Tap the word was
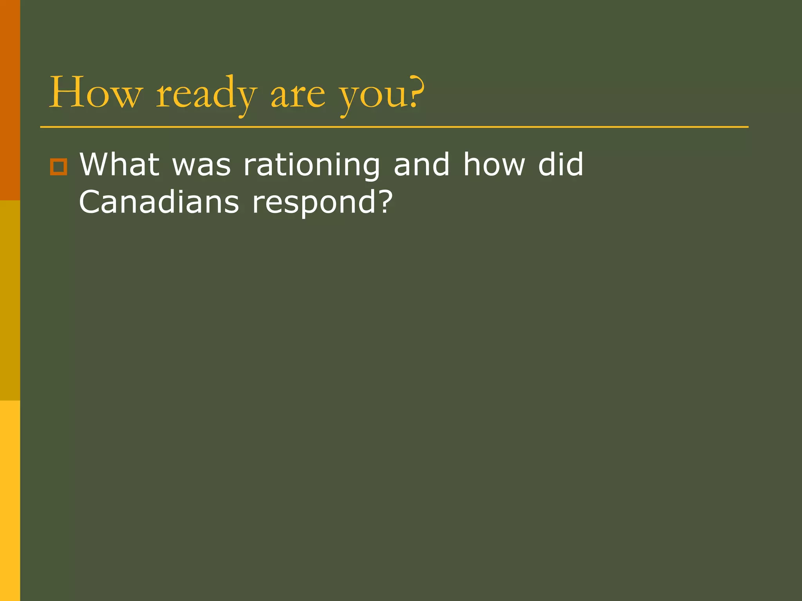click(x=202, y=166)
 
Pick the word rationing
click(x=312, y=166)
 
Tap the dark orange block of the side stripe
click(x=10, y=100)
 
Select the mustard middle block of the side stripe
click(x=10, y=300)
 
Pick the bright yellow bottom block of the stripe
click(x=10, y=500)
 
